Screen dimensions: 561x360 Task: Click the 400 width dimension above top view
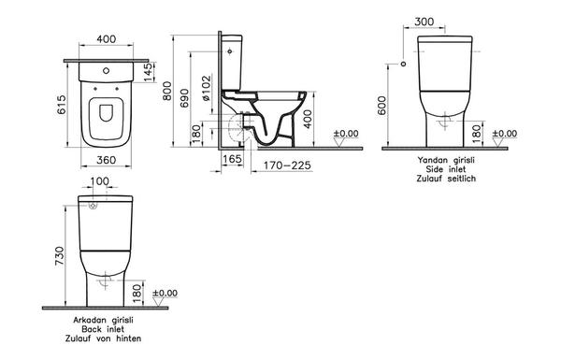(x=107, y=38)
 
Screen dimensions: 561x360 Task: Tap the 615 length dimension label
(x=62, y=105)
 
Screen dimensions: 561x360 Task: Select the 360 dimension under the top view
(x=107, y=160)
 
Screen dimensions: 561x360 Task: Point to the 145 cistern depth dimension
(x=150, y=72)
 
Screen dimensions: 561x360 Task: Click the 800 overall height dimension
(x=167, y=91)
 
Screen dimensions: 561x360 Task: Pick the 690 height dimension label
(x=184, y=98)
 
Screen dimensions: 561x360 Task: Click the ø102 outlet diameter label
(x=207, y=89)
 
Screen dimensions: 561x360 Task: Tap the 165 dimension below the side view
(x=232, y=159)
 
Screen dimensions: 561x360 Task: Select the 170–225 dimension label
(x=287, y=166)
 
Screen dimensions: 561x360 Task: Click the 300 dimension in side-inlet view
(x=424, y=22)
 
